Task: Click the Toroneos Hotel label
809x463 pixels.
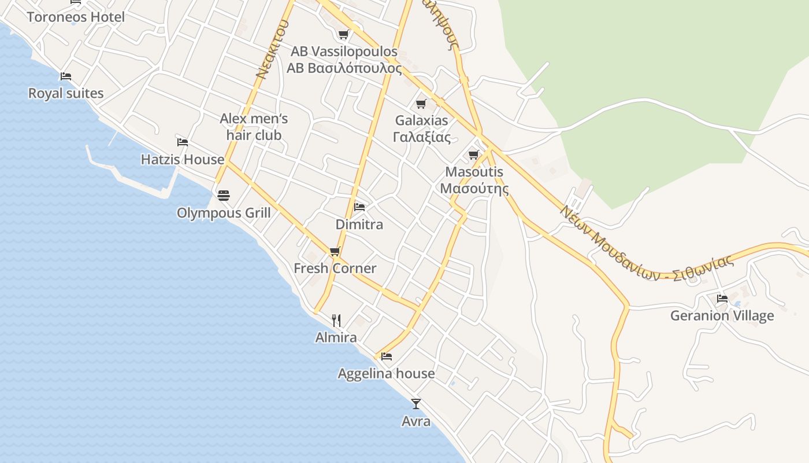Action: tap(76, 17)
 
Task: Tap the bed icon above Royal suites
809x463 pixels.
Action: tap(66, 76)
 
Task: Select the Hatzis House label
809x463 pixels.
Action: tap(183, 159)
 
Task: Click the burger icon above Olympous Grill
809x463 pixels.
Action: tap(224, 196)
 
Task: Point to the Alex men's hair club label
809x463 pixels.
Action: tap(254, 127)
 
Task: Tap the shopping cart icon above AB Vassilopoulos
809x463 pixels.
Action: tap(344, 34)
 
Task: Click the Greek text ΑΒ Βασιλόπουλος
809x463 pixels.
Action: tap(344, 68)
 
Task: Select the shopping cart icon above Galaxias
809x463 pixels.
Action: tap(421, 104)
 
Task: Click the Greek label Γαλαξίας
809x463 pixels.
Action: tap(422, 137)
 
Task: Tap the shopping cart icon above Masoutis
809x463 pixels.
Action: tap(474, 155)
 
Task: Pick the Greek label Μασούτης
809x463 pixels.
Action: tap(474, 189)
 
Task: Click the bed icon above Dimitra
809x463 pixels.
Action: tap(359, 207)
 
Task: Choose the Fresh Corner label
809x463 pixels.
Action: tap(335, 268)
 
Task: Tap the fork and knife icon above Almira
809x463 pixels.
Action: tap(336, 320)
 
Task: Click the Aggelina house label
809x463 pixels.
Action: tap(387, 373)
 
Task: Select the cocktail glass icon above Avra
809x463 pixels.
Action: tap(416, 403)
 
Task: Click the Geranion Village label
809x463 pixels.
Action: tap(722, 315)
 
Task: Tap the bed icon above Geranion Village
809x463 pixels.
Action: tap(722, 299)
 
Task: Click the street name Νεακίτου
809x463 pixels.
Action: tap(272, 50)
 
